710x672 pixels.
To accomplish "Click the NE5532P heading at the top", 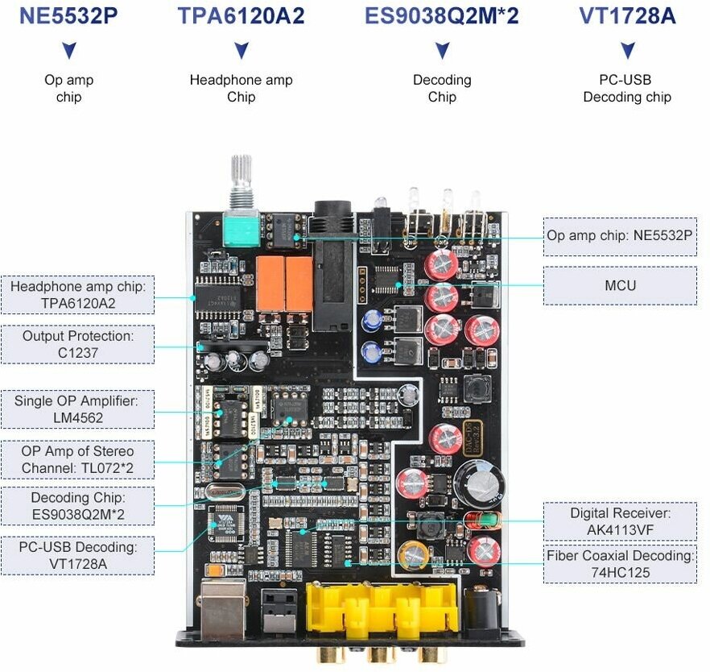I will click(68, 16).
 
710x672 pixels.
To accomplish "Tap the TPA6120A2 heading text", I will click(241, 16).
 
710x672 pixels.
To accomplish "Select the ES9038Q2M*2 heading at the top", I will click(442, 16).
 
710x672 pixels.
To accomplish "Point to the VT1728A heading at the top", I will click(627, 16).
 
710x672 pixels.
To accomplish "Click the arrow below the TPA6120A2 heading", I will click(241, 51).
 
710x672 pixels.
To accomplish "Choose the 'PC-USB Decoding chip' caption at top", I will click(627, 89).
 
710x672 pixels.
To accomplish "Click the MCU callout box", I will click(620, 285).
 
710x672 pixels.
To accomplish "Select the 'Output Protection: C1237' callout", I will click(78, 344).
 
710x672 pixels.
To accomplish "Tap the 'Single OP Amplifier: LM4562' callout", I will click(78, 409).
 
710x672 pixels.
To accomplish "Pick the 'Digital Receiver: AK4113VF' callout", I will click(620, 521).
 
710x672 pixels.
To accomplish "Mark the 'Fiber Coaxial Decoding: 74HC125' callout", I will click(620, 564).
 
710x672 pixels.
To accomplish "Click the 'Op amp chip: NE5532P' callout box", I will click(620, 236).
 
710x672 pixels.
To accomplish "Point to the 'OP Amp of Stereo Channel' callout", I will click(78, 459).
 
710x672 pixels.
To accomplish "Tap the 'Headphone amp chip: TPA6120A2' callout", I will click(78, 295).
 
